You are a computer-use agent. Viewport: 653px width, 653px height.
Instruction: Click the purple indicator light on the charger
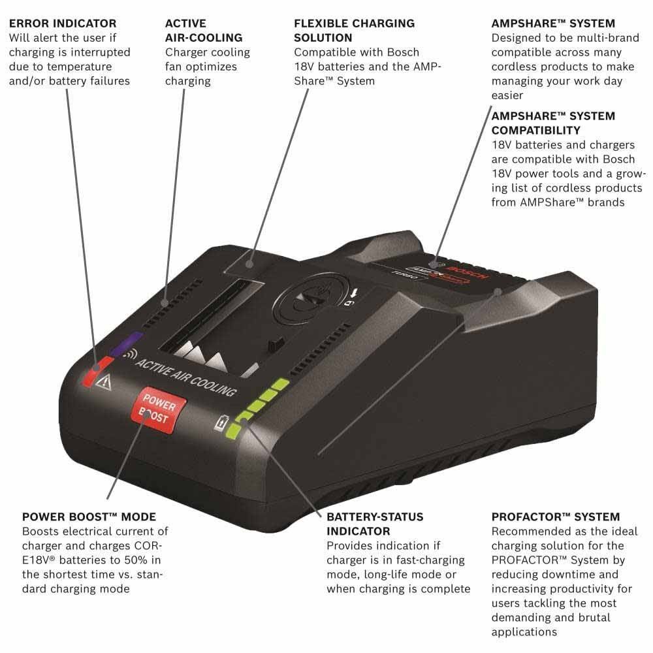(126, 344)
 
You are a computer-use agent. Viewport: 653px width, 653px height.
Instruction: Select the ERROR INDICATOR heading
(63, 24)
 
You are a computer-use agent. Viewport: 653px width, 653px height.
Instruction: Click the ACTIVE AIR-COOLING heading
(204, 31)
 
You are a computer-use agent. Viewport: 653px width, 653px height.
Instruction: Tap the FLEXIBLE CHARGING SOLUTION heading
(354, 31)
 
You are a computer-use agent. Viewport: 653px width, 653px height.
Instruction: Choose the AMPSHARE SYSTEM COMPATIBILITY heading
(552, 123)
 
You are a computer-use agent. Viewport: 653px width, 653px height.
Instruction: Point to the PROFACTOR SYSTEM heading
(556, 517)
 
